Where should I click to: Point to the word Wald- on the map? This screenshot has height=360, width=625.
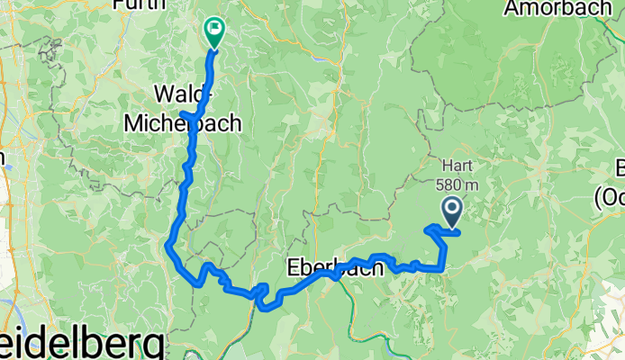pos(184,93)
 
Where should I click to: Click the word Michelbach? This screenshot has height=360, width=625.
pos(197,122)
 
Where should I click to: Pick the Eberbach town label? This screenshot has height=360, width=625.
pos(327,267)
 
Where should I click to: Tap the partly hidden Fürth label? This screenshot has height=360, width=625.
pos(140,4)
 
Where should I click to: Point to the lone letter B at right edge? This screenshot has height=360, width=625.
pos(619,168)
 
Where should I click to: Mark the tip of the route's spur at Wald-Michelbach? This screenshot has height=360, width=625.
pos(183,114)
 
